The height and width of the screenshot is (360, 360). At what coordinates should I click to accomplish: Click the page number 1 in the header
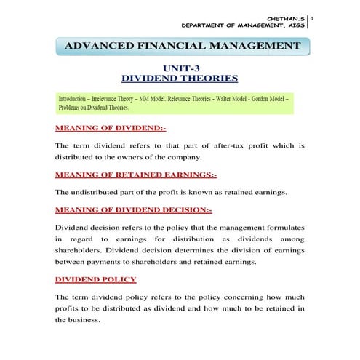[x=313, y=13]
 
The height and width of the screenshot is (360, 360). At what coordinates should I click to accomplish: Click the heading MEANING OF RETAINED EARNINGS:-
[x=136, y=175]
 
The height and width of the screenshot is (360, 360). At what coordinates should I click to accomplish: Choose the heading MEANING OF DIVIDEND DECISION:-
[x=134, y=210]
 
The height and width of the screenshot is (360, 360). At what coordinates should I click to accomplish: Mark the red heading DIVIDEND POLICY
[x=95, y=279]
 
